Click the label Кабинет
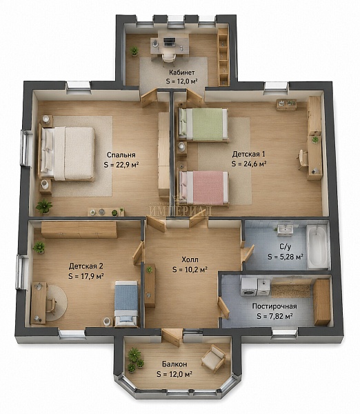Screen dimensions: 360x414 182,72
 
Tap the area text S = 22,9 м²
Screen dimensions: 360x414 121,165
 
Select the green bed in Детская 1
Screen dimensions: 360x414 203,124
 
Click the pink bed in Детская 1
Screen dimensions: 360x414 203,187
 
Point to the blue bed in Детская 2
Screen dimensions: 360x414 126,303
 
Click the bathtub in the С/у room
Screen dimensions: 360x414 317,246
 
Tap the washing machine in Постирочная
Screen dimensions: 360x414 249,286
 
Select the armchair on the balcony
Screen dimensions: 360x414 214,358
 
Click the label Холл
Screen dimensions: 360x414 190,260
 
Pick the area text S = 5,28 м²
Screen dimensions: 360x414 285,257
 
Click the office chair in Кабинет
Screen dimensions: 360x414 168,57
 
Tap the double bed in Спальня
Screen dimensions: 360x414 67,154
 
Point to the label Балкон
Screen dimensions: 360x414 174,364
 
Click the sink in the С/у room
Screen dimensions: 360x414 285,230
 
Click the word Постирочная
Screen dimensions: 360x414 274,306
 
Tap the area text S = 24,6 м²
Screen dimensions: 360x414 249,164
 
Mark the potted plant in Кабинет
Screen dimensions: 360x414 134,50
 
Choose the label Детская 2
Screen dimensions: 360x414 86,266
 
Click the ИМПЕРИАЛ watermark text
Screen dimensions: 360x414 181,210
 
